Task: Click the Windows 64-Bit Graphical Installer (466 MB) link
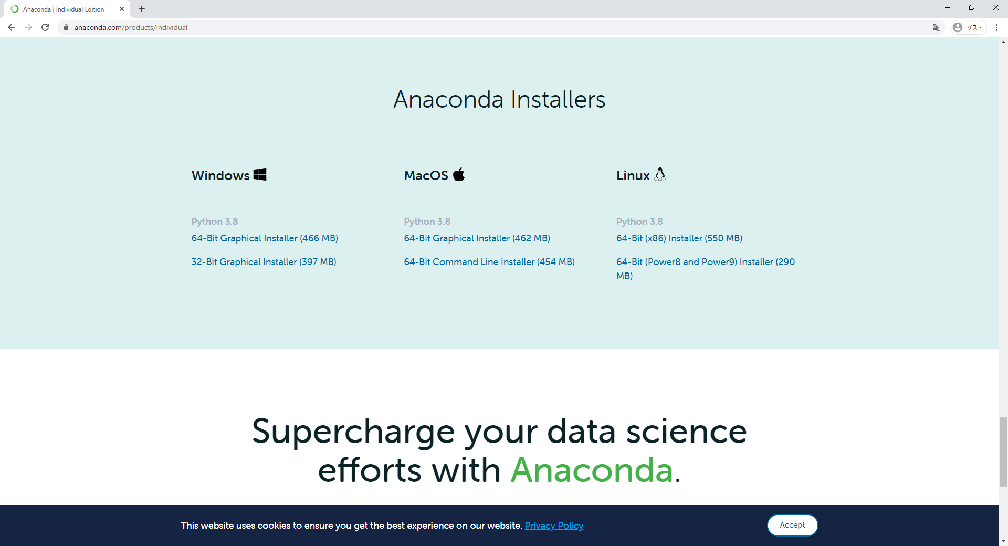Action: point(265,238)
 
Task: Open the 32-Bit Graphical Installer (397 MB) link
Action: point(264,262)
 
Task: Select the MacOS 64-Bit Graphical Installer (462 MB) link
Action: point(477,238)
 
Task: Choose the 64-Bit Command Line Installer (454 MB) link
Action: point(489,262)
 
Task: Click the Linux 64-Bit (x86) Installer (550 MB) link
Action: point(679,238)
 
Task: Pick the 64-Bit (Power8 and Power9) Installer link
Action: point(705,269)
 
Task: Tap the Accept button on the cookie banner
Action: point(792,525)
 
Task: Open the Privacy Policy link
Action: point(554,526)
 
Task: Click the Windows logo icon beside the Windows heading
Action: point(260,174)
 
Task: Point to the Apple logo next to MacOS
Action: point(459,174)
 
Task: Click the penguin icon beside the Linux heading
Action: point(660,174)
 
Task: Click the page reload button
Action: point(45,27)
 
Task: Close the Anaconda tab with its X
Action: point(122,9)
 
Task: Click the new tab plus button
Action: point(142,9)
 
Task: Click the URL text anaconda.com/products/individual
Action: point(131,27)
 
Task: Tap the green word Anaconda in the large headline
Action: point(592,469)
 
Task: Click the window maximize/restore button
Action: point(972,7)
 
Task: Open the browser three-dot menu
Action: point(996,27)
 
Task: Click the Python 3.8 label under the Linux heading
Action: point(639,222)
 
